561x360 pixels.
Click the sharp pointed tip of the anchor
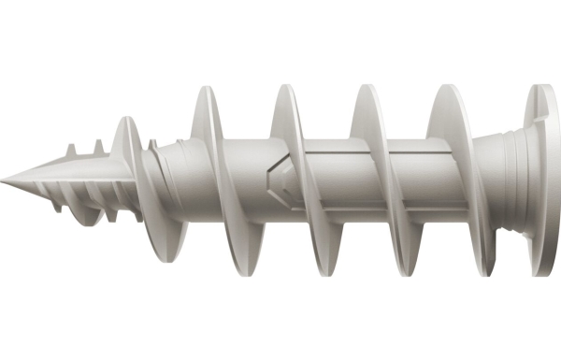pyautogui.click(x=4, y=178)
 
